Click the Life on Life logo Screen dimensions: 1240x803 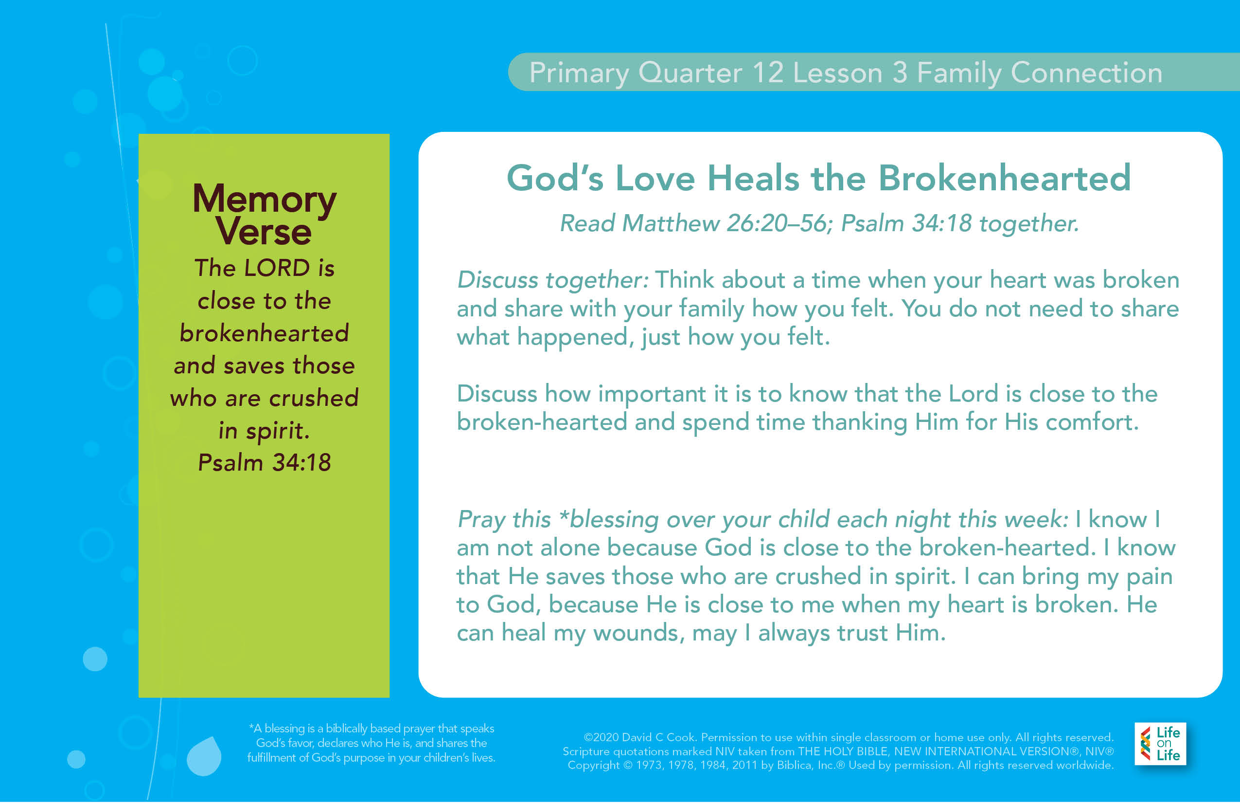pyautogui.click(x=1160, y=744)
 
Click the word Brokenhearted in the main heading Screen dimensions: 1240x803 pyautogui.click(x=1005, y=178)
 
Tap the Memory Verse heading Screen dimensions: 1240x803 pyautogui.click(x=265, y=214)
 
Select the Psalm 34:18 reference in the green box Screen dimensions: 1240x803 pyautogui.click(x=265, y=462)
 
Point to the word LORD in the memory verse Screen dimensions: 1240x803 pyautogui.click(x=277, y=268)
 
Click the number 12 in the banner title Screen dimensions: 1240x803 pyautogui.click(x=768, y=73)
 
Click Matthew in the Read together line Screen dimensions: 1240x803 pyautogui.click(x=671, y=223)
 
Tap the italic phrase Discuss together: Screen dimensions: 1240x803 pyautogui.click(x=553, y=280)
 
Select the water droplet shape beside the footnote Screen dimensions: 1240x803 pyautogui.click(x=204, y=756)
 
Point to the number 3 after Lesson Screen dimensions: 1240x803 pyautogui.click(x=900, y=73)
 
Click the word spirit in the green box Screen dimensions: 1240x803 pyautogui.click(x=278, y=431)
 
